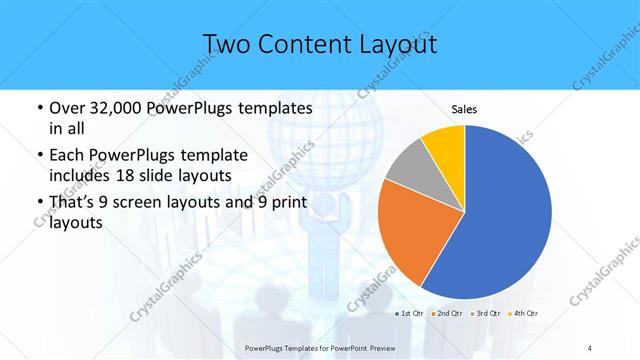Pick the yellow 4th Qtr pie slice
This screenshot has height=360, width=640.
pos(443,145)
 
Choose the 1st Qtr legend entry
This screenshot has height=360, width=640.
pos(407,315)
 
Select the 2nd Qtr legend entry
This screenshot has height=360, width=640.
pos(445,315)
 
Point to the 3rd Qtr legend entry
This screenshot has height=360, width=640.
pos(485,315)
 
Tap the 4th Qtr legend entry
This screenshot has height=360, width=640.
pos(523,315)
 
